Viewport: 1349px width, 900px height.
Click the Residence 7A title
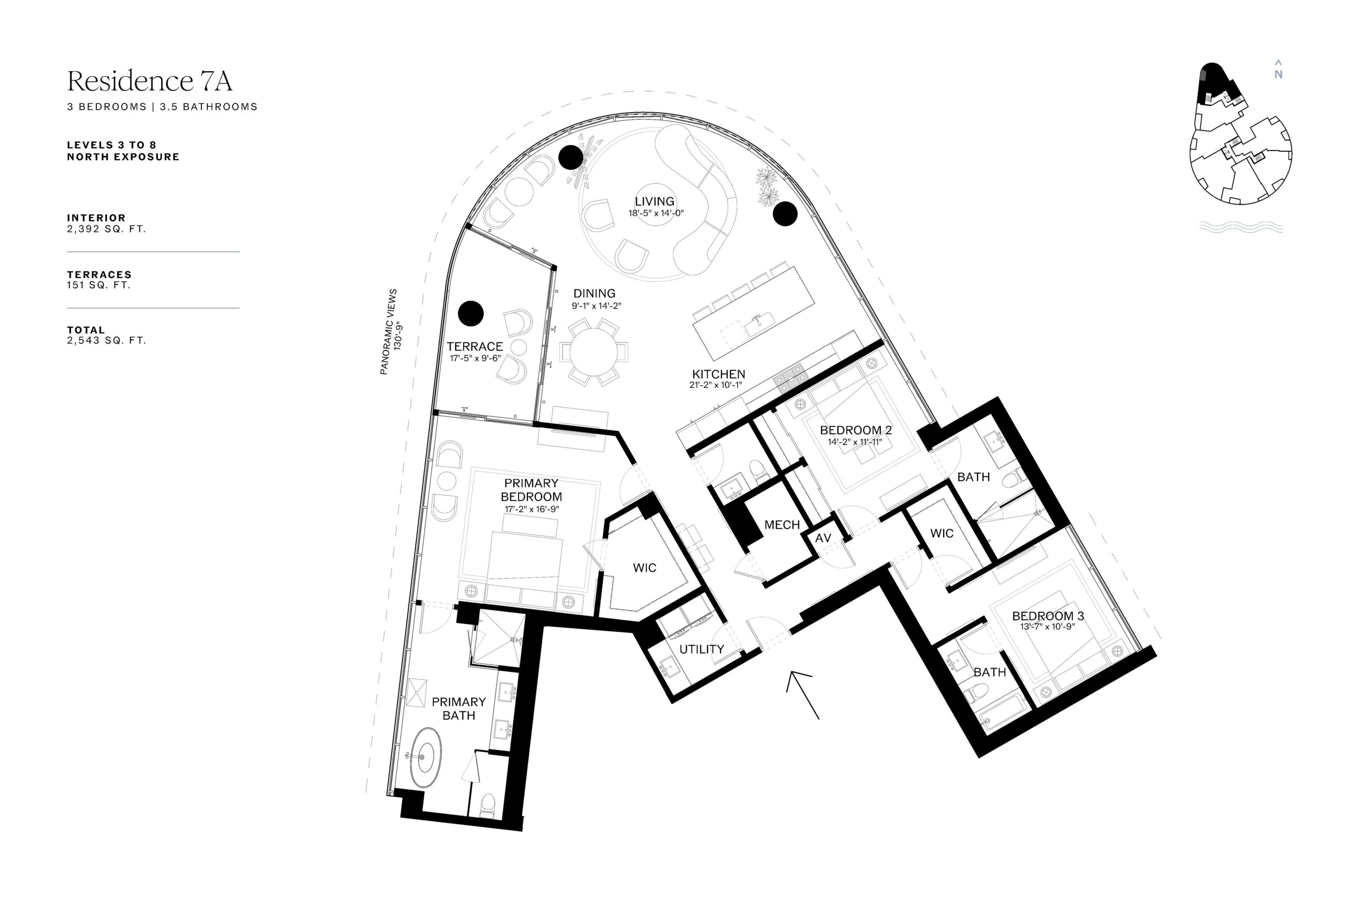click(x=150, y=81)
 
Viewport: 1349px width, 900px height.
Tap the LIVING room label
click(x=654, y=201)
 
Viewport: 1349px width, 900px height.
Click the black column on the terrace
click(x=471, y=314)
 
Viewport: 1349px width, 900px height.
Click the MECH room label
click(x=782, y=525)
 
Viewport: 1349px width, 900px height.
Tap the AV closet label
click(x=823, y=539)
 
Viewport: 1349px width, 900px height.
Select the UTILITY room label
click(x=701, y=649)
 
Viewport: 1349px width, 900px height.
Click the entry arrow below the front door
click(x=803, y=694)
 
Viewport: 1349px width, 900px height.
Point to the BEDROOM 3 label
click(x=1048, y=616)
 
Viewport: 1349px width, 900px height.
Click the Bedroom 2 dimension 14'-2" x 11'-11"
click(x=855, y=442)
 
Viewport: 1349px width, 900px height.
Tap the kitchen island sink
click(x=760, y=322)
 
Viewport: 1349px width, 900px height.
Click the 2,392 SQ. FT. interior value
click(x=106, y=229)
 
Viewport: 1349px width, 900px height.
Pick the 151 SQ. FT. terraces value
click(x=99, y=285)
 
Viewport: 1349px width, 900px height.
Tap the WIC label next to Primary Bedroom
click(x=644, y=568)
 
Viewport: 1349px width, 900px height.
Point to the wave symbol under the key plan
click(x=1241, y=227)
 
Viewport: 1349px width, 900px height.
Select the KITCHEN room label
click(x=718, y=374)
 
